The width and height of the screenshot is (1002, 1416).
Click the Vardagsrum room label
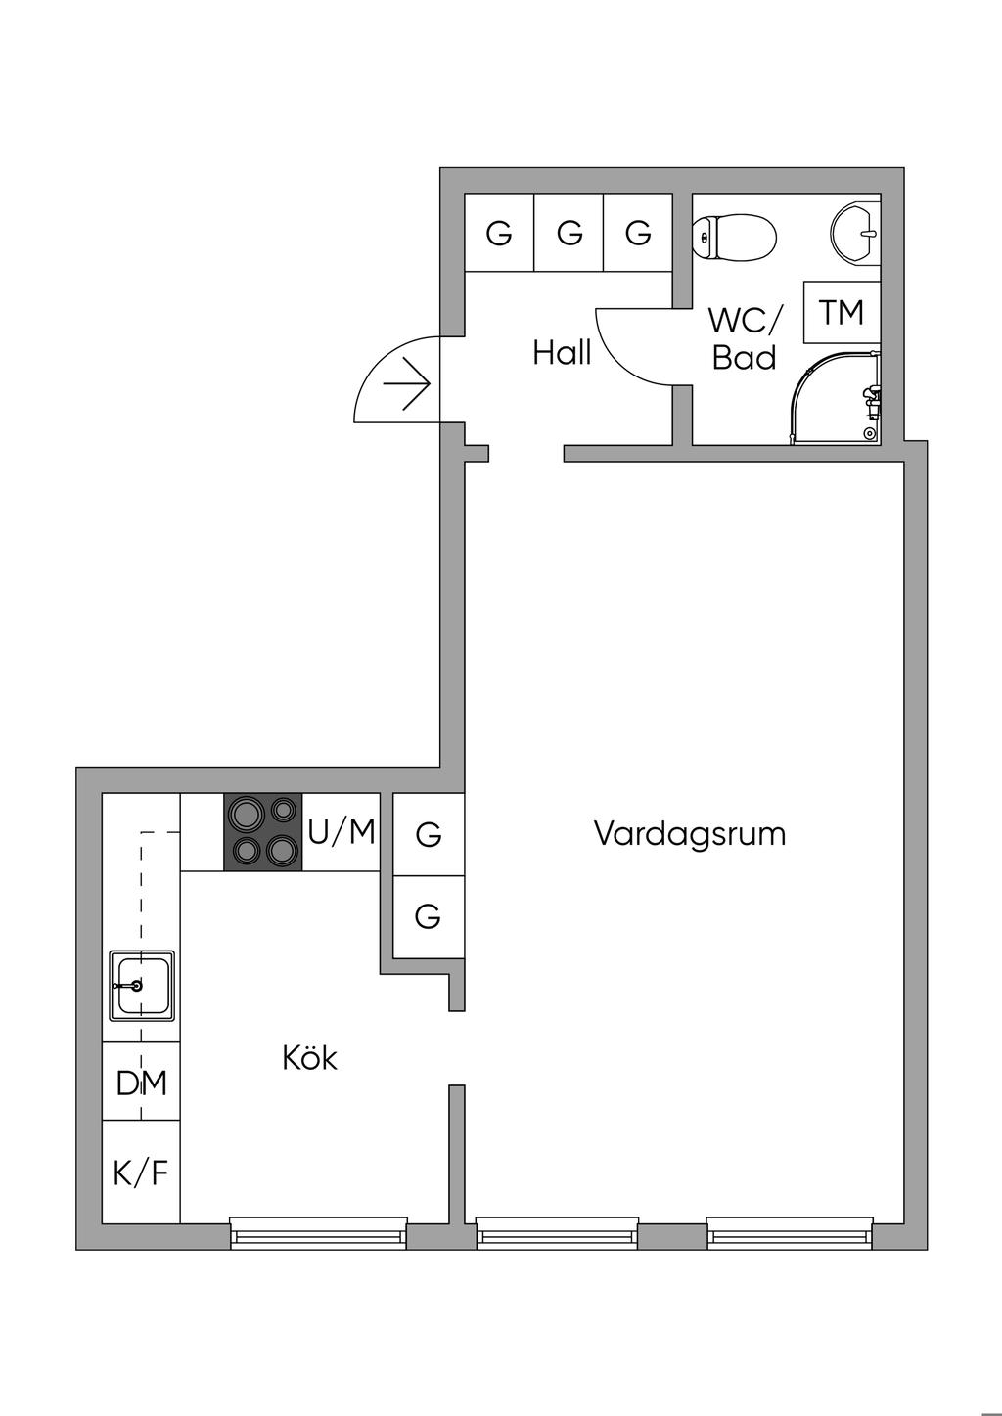click(690, 834)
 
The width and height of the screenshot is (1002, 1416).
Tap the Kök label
click(309, 1057)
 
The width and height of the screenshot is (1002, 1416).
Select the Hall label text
click(562, 352)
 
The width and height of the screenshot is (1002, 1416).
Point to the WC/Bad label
click(745, 338)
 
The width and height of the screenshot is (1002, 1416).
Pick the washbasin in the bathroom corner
click(856, 233)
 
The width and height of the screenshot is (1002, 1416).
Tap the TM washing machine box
click(841, 312)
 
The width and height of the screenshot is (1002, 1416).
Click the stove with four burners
click(263, 831)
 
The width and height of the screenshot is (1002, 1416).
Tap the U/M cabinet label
click(342, 832)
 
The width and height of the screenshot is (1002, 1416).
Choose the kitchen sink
click(142, 985)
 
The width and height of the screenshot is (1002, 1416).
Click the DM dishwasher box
click(142, 1083)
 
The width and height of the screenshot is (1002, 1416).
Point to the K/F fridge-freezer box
click(142, 1172)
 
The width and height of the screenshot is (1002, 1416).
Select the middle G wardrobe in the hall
click(569, 234)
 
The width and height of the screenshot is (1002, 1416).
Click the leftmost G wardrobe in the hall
click(499, 234)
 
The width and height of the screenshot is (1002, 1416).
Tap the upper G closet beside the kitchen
click(428, 835)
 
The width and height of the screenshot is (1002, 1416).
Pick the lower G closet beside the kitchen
click(428, 916)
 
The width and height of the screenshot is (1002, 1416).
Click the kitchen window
click(318, 1234)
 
